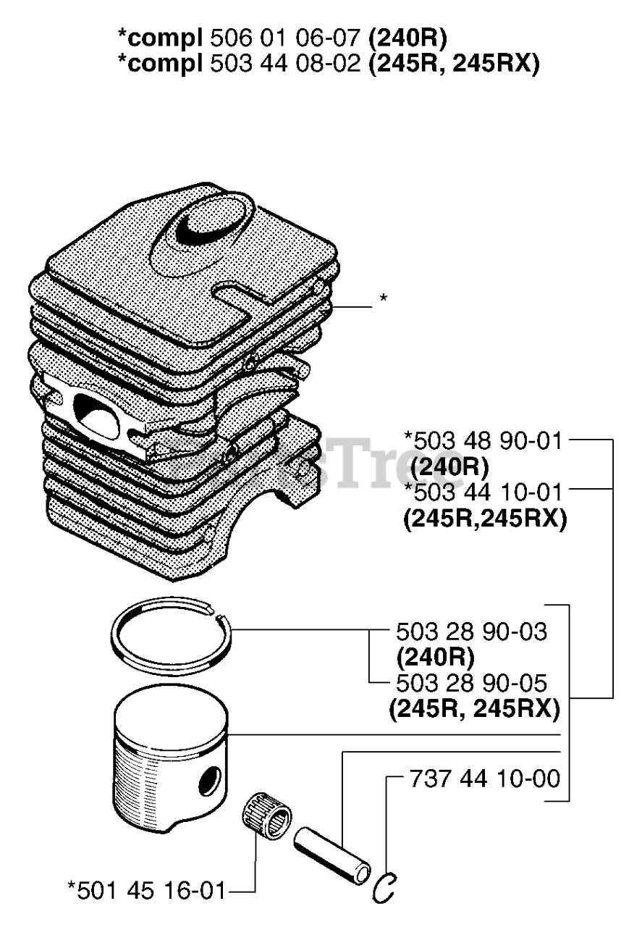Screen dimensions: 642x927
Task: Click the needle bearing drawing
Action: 266,818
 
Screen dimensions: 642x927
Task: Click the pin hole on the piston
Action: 209,781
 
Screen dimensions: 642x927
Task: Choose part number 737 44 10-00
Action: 484,779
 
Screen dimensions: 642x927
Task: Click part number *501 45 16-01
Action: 145,889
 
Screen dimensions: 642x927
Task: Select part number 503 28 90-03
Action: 471,632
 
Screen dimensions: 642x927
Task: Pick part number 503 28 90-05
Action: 471,682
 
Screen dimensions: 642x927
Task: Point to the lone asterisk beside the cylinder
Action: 383,298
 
